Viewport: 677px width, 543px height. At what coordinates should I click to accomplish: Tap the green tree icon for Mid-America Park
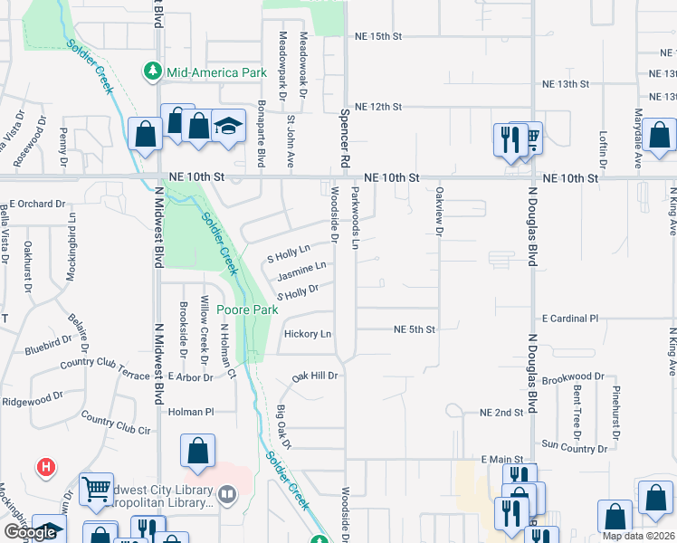click(153, 71)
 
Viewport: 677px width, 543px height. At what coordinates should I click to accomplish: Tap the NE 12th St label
click(377, 107)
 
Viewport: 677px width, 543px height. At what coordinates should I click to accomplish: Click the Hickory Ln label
click(308, 334)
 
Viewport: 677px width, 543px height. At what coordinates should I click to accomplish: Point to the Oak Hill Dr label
click(314, 376)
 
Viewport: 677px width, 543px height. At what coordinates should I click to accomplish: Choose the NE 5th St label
click(414, 329)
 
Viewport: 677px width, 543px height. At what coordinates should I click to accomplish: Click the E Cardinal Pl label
click(570, 319)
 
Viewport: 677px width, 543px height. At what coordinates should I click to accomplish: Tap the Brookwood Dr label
click(574, 376)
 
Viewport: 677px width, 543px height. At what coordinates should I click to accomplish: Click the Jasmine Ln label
click(300, 270)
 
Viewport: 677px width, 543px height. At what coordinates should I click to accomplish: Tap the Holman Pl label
click(190, 412)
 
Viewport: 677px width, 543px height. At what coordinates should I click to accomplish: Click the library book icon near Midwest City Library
click(228, 494)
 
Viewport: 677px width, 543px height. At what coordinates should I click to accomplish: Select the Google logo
click(30, 532)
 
